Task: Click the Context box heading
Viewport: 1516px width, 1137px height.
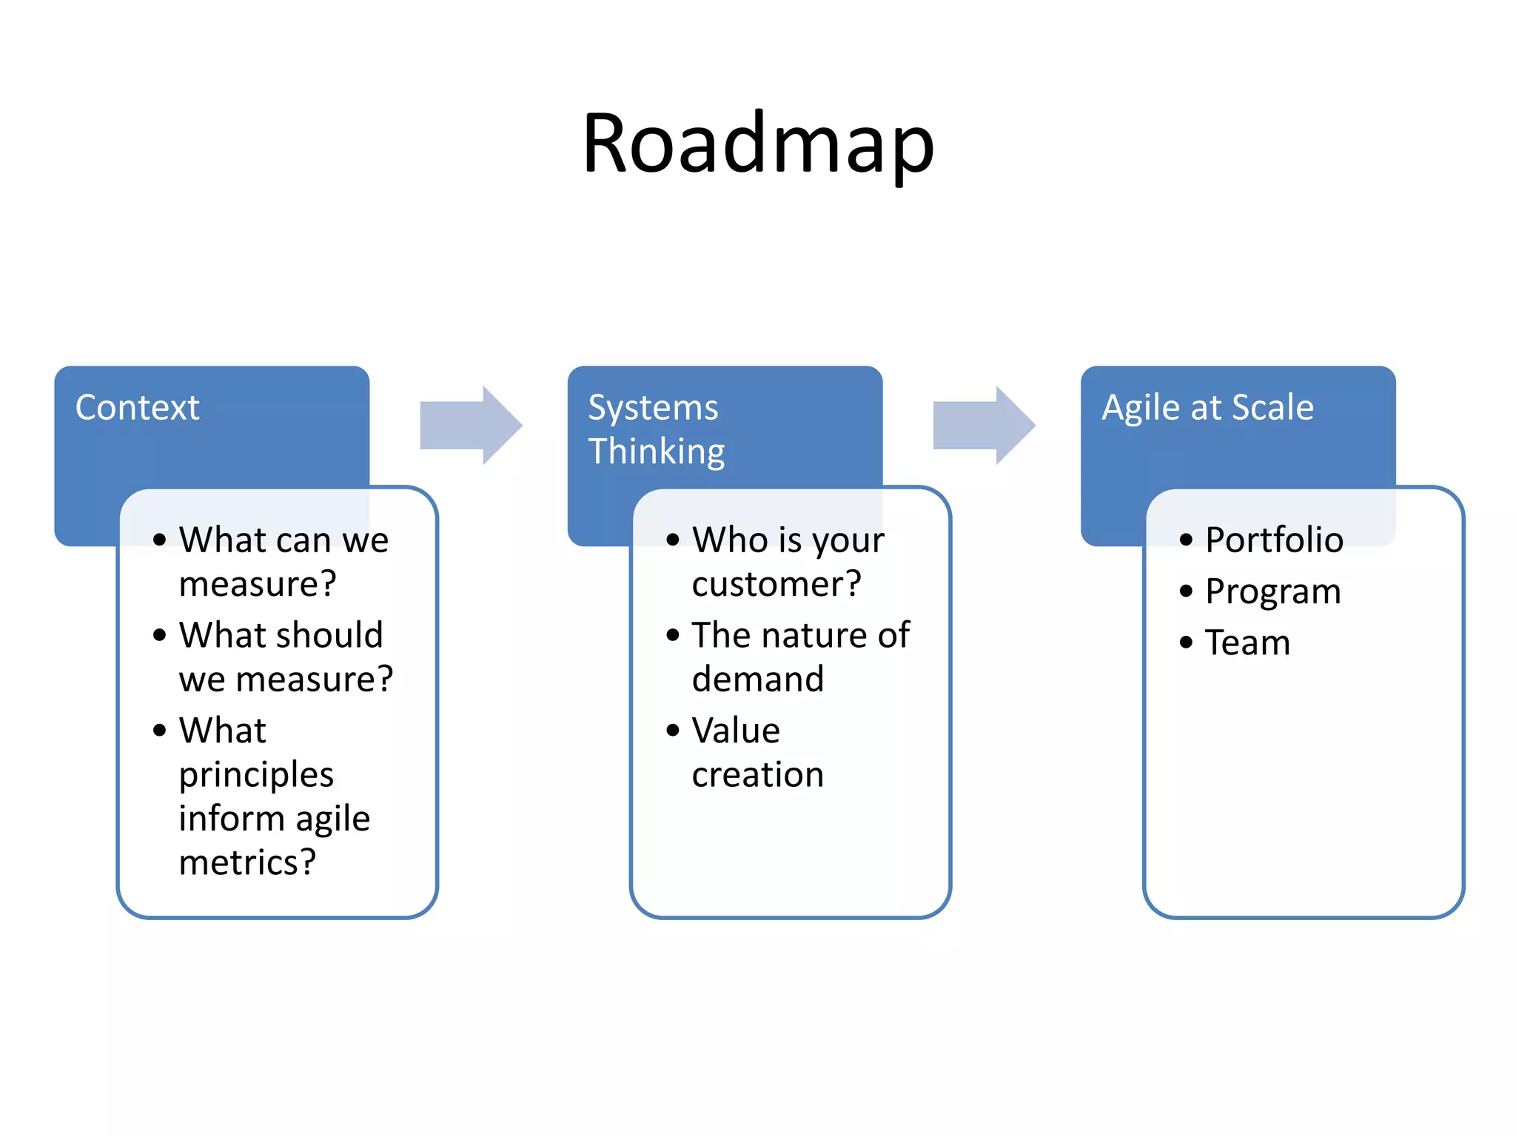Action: click(138, 407)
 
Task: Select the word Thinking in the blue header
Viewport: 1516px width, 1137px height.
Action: click(656, 452)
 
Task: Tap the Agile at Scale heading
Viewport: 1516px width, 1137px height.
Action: click(1207, 407)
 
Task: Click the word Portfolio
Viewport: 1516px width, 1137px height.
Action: click(1273, 540)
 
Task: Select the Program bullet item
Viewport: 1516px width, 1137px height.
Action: click(1272, 591)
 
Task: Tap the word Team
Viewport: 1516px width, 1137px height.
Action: click(1247, 643)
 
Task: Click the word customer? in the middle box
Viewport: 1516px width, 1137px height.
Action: click(777, 584)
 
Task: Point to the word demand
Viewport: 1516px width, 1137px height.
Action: click(757, 679)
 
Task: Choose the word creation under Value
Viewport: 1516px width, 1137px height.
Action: click(757, 774)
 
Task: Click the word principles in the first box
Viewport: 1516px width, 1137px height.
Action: click(256, 775)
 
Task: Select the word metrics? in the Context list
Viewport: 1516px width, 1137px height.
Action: click(247, 862)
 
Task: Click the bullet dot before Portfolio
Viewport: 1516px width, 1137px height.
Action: click(1186, 540)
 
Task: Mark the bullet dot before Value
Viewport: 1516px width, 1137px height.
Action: click(672, 731)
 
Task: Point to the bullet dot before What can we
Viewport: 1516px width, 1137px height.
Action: click(159, 540)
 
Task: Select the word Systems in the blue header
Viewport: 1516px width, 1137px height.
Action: click(652, 408)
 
